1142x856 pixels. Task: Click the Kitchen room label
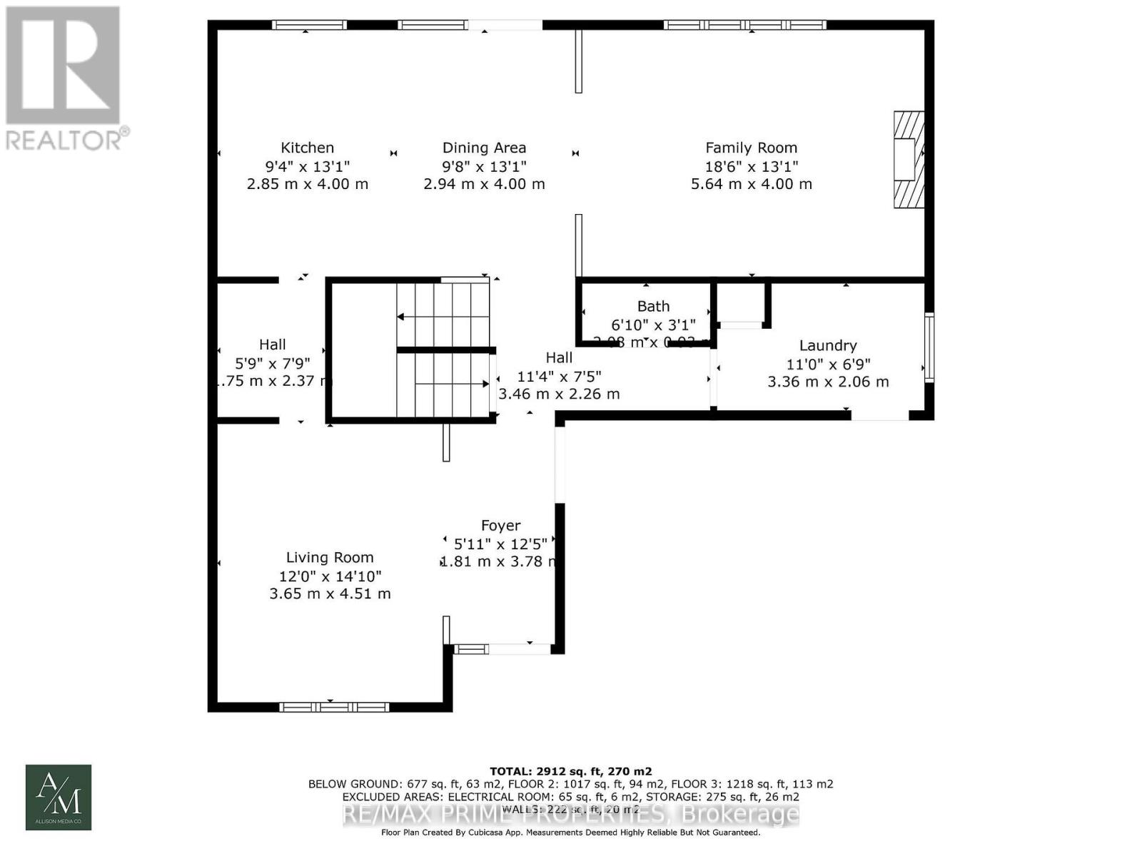[307, 148]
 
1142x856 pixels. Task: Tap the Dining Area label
[484, 148]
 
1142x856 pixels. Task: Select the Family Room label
[751, 148]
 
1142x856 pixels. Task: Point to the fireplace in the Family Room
[909, 159]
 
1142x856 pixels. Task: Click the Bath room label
[653, 306]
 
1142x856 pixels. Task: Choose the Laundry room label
[828, 345]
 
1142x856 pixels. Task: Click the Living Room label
[330, 558]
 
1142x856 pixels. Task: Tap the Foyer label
[500, 526]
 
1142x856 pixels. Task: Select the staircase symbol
[443, 350]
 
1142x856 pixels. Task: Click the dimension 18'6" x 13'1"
[751, 166]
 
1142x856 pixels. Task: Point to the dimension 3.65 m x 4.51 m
[330, 593]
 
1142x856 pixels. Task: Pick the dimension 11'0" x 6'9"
[828, 364]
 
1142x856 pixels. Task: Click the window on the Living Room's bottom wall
[334, 707]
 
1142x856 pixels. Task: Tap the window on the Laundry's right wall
[929, 347]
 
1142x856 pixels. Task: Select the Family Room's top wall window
[744, 25]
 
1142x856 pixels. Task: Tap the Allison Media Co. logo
[59, 798]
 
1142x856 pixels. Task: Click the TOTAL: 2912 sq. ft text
[570, 771]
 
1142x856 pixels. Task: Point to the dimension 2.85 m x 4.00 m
[307, 184]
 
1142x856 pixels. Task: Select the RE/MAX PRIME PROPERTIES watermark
[571, 814]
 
